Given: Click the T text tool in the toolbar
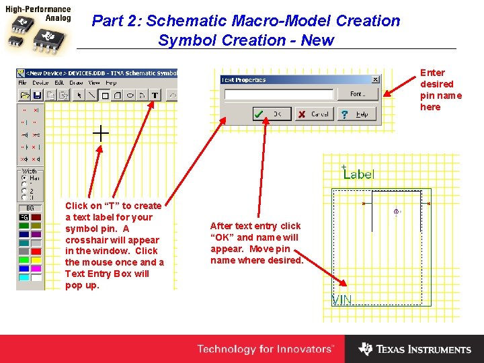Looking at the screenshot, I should click(x=155, y=95).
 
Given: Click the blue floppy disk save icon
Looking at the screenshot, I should click(x=37, y=95).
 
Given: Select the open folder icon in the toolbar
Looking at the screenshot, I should click(x=25, y=95).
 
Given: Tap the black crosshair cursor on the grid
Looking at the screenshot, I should click(x=100, y=133).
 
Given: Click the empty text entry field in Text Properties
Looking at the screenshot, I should click(x=279, y=95).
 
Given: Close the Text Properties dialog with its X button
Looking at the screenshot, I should click(x=375, y=79).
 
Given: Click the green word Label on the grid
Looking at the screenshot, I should click(x=360, y=174).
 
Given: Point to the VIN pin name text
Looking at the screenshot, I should click(x=342, y=300).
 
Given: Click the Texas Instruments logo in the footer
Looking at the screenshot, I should click(x=415, y=349).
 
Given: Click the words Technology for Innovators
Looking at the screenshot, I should click(x=265, y=349).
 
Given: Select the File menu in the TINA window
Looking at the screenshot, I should click(x=23, y=83).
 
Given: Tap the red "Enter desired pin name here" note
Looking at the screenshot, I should click(x=440, y=89).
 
